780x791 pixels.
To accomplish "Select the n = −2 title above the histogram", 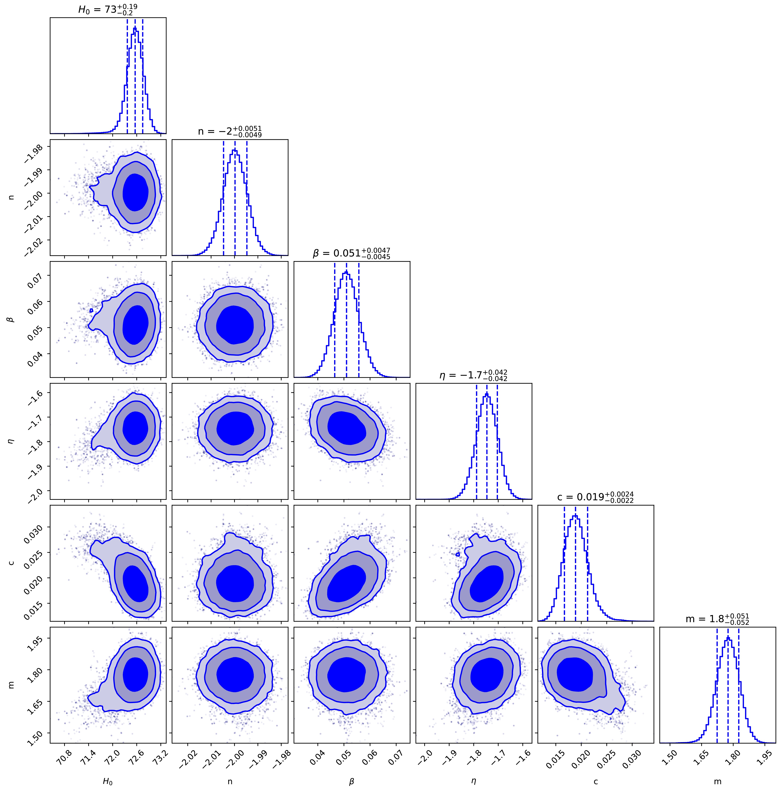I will (x=230, y=131).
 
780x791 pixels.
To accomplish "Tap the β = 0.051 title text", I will (x=351, y=253).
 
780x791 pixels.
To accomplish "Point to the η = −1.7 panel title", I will (x=473, y=375).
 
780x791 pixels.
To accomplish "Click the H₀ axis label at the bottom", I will (x=108, y=781).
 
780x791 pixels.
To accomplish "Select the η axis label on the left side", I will (x=12, y=441).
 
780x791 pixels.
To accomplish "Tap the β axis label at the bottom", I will (x=351, y=781).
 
